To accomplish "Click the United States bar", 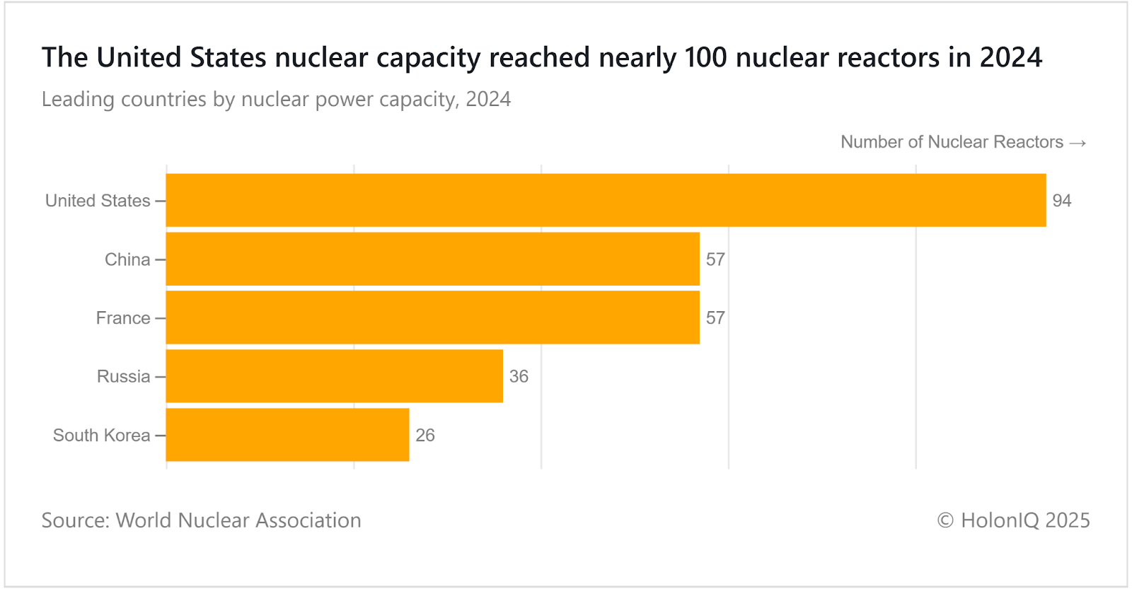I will pos(606,200).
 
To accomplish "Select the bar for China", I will pos(432,259).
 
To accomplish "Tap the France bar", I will pos(432,317).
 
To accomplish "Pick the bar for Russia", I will pos(334,376).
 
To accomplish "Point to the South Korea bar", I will pos(287,435).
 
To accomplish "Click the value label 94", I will pos(1061,201).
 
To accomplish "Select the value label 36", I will pos(519,376).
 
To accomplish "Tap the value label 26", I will pos(425,435).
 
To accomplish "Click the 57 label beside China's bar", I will pos(715,259).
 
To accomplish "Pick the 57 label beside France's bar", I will pos(715,318).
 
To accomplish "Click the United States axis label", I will pos(98,201).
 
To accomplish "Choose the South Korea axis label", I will pos(101,435).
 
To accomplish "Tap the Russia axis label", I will pos(123,376).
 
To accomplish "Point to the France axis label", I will pos(123,318).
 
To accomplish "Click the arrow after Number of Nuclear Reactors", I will pos(1078,143).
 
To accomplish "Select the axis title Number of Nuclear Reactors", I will pos(952,142).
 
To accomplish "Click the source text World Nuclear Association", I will pos(238,520).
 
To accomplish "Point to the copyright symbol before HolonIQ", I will pos(945,520).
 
